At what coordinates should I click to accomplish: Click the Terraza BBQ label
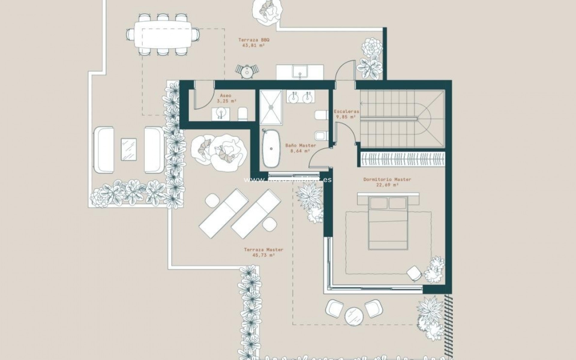pyautogui.click(x=252, y=40)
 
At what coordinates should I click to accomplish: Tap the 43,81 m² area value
pyautogui.click(x=253, y=46)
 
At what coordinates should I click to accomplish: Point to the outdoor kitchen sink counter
pyautogui.click(x=300, y=72)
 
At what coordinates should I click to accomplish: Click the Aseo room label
pyautogui.click(x=225, y=95)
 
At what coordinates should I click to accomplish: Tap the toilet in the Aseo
pyautogui.click(x=243, y=114)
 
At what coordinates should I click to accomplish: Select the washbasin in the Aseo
pyautogui.click(x=221, y=114)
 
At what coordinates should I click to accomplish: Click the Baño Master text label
pyautogui.click(x=300, y=145)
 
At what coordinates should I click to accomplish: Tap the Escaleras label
pyautogui.click(x=346, y=111)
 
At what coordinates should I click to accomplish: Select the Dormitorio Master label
pyautogui.click(x=387, y=179)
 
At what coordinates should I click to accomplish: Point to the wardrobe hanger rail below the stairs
pyautogui.click(x=402, y=159)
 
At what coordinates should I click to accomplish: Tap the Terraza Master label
pyautogui.click(x=263, y=250)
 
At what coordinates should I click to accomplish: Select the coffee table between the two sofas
pyautogui.click(x=129, y=149)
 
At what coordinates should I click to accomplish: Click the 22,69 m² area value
pyautogui.click(x=387, y=185)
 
